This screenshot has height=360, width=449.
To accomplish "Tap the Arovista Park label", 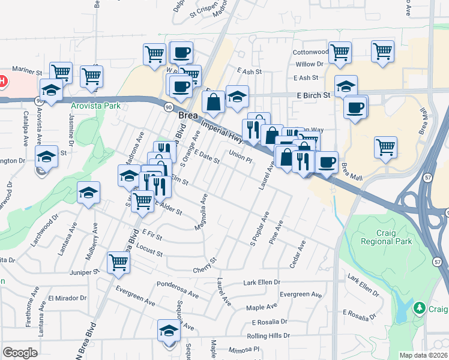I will (x=95, y=106).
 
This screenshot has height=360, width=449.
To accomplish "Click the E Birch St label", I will (x=313, y=95).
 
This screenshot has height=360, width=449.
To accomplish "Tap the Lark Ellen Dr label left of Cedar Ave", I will (x=262, y=282).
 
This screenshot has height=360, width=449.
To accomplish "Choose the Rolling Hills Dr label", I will (x=269, y=336).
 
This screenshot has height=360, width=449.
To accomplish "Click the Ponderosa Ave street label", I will (x=177, y=289).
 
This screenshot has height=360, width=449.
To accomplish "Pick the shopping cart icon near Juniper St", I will (x=119, y=262).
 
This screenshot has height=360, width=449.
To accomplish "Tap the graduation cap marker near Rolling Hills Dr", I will (x=169, y=330).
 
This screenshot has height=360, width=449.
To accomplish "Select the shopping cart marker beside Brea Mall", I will (x=385, y=147).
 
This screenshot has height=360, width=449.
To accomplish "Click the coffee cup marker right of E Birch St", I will (x=355, y=107).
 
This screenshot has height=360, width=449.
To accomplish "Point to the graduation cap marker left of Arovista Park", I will (x=52, y=91).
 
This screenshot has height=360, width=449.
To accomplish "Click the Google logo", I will (x=20, y=353).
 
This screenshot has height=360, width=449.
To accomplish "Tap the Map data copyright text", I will (x=424, y=355).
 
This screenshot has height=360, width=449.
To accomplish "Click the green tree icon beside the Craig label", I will (x=420, y=309).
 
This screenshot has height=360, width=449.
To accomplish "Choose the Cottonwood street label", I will (x=309, y=53).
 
